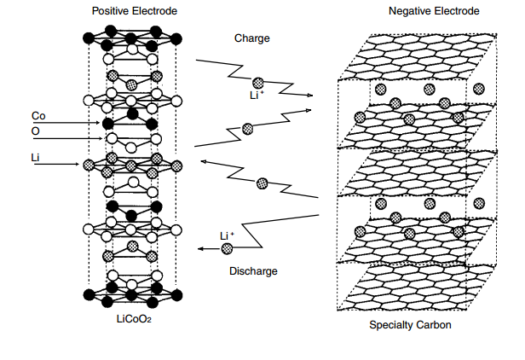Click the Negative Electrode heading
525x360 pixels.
coord(434,11)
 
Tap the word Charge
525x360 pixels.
coord(253,38)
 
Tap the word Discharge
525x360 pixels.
coord(253,271)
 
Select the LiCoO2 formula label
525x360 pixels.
coord(134,320)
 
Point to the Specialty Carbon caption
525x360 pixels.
coord(410,325)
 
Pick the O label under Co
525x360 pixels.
coord(35,131)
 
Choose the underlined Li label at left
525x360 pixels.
coord(36,156)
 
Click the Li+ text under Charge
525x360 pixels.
coord(257,96)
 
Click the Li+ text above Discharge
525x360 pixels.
coord(227,235)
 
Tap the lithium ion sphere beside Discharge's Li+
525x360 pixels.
coord(228,248)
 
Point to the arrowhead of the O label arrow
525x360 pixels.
coord(101,138)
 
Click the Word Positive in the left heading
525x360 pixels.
coord(111,11)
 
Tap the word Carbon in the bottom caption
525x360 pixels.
coord(434,325)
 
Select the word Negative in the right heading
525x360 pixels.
coord(411,11)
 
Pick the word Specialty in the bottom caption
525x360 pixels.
coord(392,325)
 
